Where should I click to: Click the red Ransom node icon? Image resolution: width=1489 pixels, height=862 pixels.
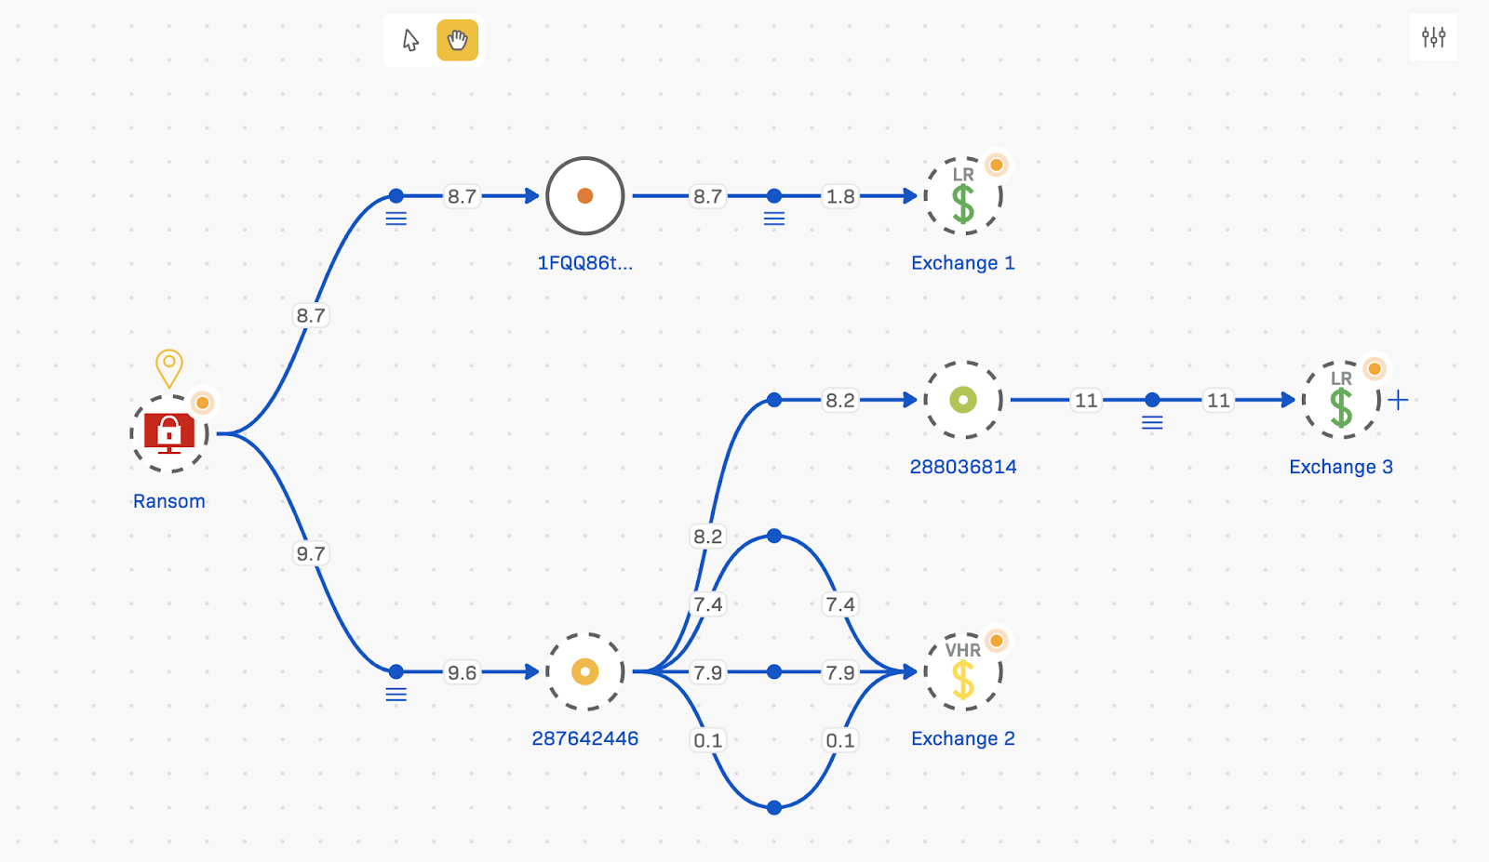tap(168, 433)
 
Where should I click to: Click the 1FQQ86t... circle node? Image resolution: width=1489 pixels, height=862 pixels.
tap(585, 196)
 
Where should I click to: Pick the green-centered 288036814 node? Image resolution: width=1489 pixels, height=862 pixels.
tap(963, 400)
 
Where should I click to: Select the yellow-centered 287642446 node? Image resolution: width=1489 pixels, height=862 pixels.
tap(585, 671)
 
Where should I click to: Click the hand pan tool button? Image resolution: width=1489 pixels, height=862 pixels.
tap(457, 41)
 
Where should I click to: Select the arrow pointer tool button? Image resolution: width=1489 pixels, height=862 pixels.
tap(410, 41)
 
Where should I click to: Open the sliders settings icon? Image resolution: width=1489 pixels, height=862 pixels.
tap(1433, 37)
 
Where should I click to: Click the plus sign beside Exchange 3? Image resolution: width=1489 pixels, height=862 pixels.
tap(1398, 400)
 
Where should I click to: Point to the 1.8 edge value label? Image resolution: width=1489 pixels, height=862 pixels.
tap(840, 196)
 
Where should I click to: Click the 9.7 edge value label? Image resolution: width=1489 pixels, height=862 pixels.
tap(311, 554)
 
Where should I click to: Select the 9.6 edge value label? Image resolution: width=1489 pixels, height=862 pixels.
tap(462, 672)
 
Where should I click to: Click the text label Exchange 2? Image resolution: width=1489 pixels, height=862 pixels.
tap(962, 738)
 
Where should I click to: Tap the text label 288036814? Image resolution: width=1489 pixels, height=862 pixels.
tap(963, 467)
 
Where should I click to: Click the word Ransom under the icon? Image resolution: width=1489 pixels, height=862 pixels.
tap(168, 501)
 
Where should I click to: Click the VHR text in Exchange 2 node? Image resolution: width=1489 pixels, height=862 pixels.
tap(962, 650)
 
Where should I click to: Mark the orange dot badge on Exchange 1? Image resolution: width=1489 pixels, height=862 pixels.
tap(997, 166)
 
